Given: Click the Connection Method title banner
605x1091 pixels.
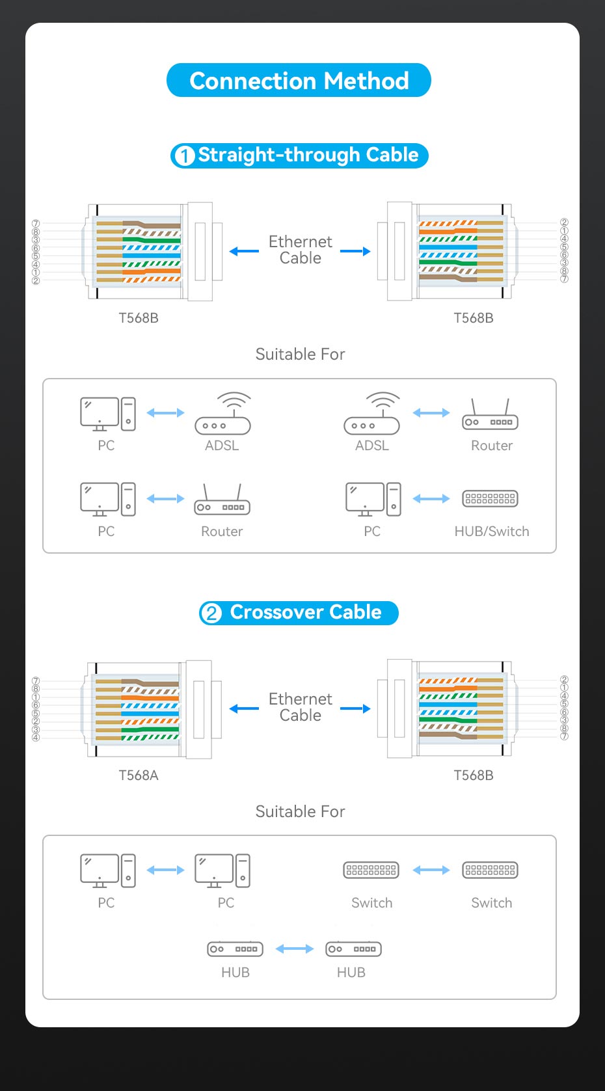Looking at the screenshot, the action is click(x=299, y=81).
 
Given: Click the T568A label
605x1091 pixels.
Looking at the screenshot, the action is click(x=139, y=775).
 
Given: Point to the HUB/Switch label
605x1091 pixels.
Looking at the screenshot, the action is click(x=492, y=532).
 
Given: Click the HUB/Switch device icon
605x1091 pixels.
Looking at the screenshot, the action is click(x=490, y=498).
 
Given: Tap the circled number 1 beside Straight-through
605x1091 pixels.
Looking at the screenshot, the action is click(x=184, y=156).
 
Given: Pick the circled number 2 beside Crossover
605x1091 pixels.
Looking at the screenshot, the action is click(x=211, y=613).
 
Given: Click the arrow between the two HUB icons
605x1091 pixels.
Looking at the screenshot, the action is click(x=294, y=949).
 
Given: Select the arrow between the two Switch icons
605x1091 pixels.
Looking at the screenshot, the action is click(x=431, y=870).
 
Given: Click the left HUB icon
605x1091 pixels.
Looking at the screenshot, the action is click(x=235, y=949).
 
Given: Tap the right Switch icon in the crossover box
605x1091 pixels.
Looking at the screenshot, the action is click(x=490, y=870).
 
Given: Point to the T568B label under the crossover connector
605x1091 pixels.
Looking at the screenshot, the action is click(x=474, y=775).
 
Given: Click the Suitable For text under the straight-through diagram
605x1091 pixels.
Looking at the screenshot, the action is click(x=300, y=354).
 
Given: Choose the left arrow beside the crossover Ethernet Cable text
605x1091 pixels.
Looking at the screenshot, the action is click(x=244, y=708).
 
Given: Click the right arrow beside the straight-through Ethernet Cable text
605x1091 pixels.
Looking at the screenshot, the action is click(x=356, y=251).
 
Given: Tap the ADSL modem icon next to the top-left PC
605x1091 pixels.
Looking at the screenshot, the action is click(x=223, y=413).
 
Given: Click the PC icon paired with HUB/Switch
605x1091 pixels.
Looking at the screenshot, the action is click(x=373, y=499).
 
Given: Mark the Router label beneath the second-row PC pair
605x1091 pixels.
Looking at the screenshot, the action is click(x=222, y=532).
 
